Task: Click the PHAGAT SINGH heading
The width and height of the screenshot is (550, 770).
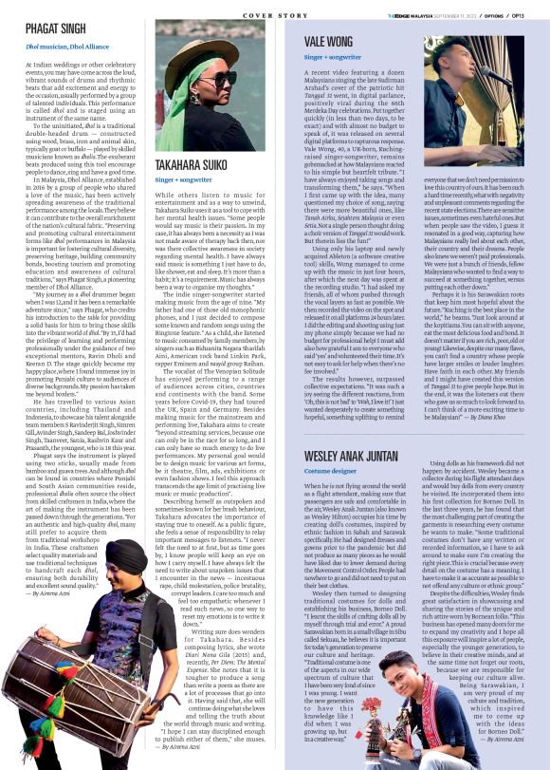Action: click(x=56, y=30)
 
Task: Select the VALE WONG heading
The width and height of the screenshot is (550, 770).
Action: click(x=328, y=41)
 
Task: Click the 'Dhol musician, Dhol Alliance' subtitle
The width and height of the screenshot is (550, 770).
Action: click(x=68, y=47)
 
